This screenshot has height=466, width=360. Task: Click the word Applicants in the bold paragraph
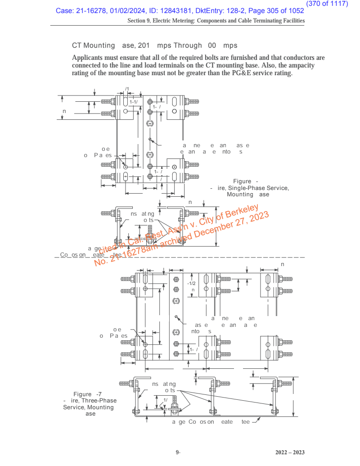(89, 58)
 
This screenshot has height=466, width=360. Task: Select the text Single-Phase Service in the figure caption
(258, 188)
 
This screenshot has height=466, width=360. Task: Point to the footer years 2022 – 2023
(290, 452)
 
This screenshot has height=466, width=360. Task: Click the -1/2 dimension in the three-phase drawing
(191, 283)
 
